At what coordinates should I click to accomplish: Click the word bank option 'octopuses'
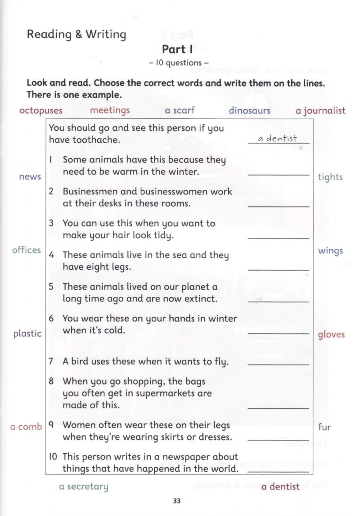pyautogui.click(x=41, y=111)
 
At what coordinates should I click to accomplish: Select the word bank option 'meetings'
pyautogui.click(x=110, y=110)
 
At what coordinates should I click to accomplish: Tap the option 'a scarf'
pyautogui.click(x=180, y=110)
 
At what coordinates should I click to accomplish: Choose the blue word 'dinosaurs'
pyautogui.click(x=249, y=110)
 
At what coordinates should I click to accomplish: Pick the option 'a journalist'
pyautogui.click(x=320, y=111)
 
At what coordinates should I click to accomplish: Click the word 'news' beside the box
pyautogui.click(x=30, y=177)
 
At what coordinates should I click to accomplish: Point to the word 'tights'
pyautogui.click(x=330, y=177)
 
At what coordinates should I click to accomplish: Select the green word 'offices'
pyautogui.click(x=27, y=250)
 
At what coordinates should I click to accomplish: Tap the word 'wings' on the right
pyautogui.click(x=330, y=251)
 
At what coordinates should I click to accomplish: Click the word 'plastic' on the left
pyautogui.click(x=27, y=334)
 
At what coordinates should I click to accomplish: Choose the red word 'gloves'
pyautogui.click(x=331, y=335)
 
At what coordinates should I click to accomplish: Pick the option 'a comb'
pyautogui.click(x=26, y=427)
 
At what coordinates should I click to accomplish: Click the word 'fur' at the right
pyautogui.click(x=324, y=427)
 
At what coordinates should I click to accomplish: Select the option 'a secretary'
pyautogui.click(x=84, y=487)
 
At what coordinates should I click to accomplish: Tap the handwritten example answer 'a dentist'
pyautogui.click(x=278, y=139)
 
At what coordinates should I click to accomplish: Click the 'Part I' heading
pyautogui.click(x=177, y=49)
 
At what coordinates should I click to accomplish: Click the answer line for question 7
pyautogui.click(x=279, y=363)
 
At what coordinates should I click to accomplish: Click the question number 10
pyautogui.click(x=53, y=457)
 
